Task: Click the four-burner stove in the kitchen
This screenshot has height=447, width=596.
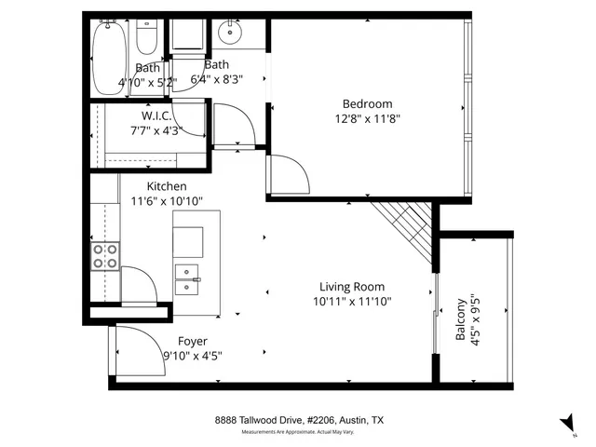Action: coord(104,255)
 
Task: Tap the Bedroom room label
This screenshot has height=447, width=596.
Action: coord(367,103)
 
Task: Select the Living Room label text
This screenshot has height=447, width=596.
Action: coord(351,287)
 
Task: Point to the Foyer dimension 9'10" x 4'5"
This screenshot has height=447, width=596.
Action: coord(193,356)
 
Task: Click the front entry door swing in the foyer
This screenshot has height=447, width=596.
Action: coord(135,349)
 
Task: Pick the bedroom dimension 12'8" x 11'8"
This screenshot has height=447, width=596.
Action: coord(367,118)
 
